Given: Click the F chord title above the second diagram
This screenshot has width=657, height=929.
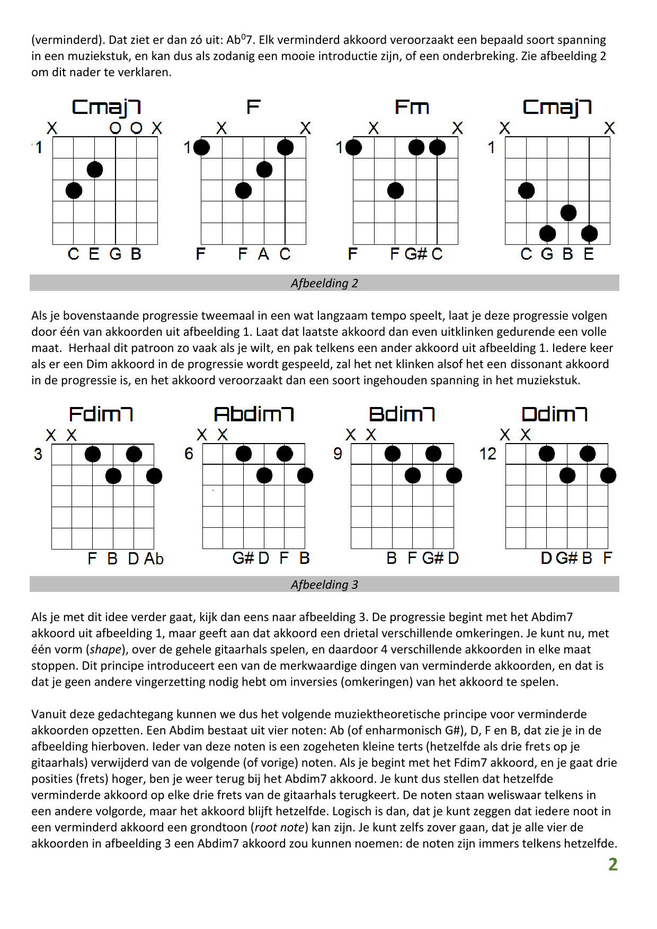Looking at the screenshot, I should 253,107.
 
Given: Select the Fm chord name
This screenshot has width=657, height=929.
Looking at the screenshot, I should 412,107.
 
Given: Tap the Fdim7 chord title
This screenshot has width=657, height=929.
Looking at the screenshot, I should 101,414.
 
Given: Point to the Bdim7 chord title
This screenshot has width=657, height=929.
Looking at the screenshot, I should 402,414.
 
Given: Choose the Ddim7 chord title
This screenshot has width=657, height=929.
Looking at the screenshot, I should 554,414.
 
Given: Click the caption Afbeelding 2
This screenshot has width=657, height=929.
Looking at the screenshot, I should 324,283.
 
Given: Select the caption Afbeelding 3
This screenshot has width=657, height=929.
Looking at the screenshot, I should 324,585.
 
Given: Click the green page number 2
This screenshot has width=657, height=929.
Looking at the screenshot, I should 612,864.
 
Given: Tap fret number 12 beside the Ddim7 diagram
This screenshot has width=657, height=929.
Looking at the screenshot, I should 487,454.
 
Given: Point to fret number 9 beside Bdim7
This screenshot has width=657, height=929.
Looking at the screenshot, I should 338,454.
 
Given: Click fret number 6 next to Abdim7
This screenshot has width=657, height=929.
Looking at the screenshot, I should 189,454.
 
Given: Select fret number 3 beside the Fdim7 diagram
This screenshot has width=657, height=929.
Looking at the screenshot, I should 38,454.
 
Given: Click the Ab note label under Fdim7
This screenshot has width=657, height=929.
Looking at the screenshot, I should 154,559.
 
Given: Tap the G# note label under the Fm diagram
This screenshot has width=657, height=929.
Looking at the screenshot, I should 415,254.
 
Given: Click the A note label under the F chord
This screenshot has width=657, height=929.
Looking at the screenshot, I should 263,254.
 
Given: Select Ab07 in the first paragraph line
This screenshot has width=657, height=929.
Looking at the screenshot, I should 240,40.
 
